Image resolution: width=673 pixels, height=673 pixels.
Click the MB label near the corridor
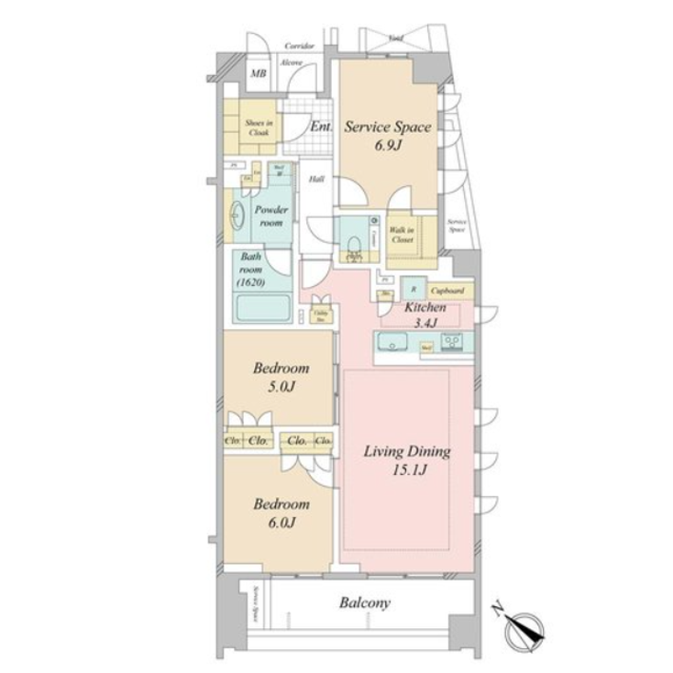(x=259, y=73)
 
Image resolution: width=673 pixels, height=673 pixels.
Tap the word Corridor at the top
(x=299, y=45)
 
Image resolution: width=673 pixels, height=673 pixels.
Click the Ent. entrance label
(x=321, y=127)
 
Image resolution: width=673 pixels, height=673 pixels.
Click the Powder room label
(x=271, y=215)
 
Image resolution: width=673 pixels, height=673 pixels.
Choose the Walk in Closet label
(x=401, y=234)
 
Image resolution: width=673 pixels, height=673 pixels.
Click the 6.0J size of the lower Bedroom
(x=281, y=523)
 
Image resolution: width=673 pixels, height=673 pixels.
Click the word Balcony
(x=365, y=603)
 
